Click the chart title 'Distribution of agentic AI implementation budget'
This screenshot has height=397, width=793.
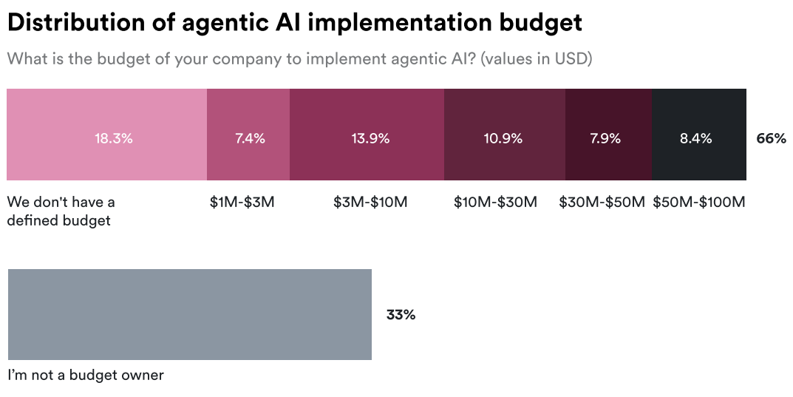[295, 23]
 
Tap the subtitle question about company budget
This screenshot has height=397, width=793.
[299, 59]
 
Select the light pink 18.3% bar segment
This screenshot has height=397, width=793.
[106, 135]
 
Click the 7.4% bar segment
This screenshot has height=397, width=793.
[248, 135]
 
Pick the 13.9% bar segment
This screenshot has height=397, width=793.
[367, 135]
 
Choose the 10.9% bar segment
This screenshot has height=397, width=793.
[505, 135]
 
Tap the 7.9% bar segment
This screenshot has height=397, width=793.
[608, 135]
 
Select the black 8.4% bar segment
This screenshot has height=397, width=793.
[699, 135]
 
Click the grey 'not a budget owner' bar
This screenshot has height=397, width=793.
[190, 314]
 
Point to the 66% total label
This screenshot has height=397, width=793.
[772, 138]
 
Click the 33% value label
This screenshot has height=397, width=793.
[401, 314]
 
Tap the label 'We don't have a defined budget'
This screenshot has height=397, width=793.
[61, 211]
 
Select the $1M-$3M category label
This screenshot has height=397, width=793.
[242, 203]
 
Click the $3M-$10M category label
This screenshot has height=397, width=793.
[370, 203]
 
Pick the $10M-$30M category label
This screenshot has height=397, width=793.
[495, 203]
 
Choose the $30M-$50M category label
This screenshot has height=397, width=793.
[602, 203]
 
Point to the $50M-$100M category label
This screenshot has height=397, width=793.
[699, 203]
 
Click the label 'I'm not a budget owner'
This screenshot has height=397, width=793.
[86, 376]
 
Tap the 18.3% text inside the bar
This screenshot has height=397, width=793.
[114, 138]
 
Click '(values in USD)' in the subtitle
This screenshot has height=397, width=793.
[536, 59]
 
